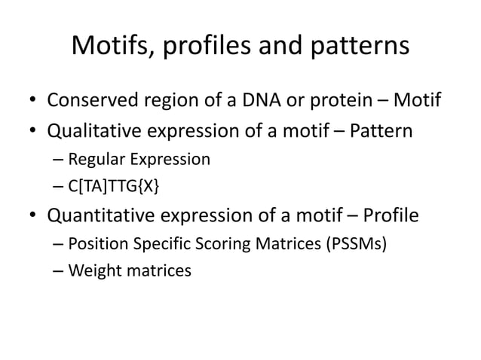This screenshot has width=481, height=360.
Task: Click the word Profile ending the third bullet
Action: (390, 217)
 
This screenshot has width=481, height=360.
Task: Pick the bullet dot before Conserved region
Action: (34, 102)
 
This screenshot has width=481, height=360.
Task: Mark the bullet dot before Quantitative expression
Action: (34, 218)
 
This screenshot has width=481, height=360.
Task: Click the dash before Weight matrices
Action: (59, 271)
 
